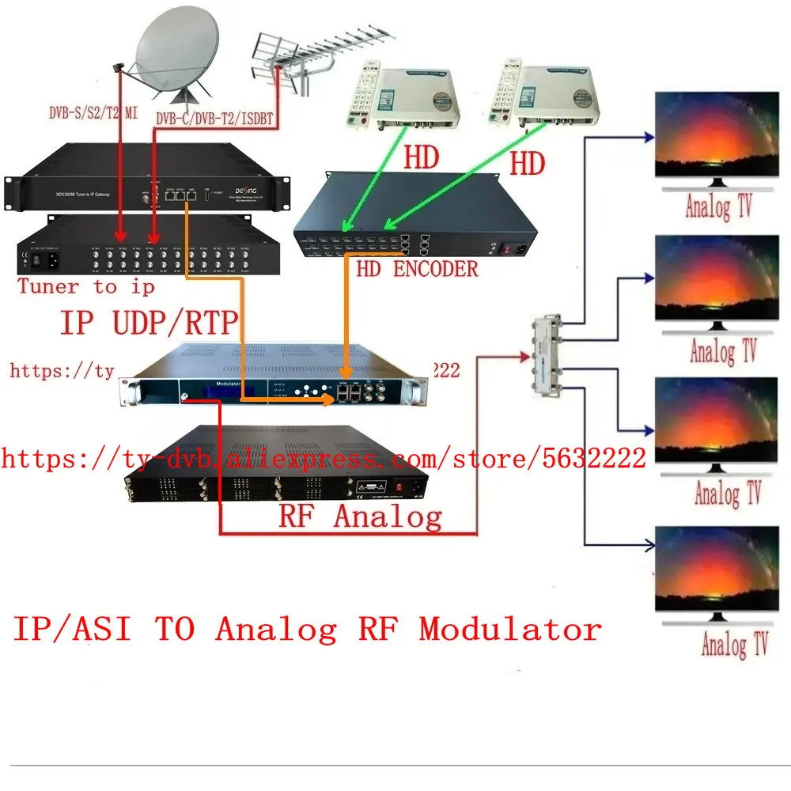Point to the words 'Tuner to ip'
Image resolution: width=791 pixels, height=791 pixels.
pyautogui.click(x=87, y=286)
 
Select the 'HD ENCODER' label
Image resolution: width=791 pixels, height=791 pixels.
pyautogui.click(x=417, y=269)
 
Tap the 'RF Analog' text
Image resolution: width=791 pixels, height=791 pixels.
pyautogui.click(x=360, y=517)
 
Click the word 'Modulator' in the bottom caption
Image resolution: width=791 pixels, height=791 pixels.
pyautogui.click(x=510, y=630)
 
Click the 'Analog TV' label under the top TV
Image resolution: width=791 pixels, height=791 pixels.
pyautogui.click(x=719, y=207)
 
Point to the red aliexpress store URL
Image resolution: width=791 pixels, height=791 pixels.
pyautogui.click(x=324, y=457)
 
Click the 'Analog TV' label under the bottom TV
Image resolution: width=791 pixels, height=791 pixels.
pyautogui.click(x=734, y=643)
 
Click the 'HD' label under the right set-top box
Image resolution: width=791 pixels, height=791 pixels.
pyautogui.click(x=527, y=164)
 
